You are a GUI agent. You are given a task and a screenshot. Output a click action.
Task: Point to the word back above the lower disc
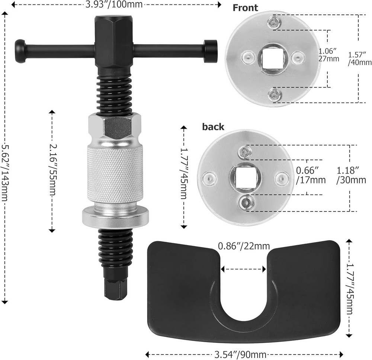tap(213, 127)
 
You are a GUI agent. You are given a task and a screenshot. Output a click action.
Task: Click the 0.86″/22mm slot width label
tap(244, 246)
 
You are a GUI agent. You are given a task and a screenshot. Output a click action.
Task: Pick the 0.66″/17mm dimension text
tap(310, 176)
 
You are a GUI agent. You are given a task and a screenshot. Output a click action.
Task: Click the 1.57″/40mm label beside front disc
tap(359, 58)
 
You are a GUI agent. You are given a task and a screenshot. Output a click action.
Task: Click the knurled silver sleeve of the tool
tap(115, 174)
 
